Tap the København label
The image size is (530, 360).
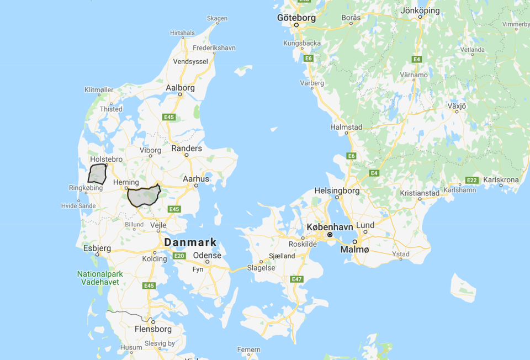coord(330,227)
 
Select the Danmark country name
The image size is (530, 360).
coord(190,242)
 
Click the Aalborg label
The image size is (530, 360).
coord(180,88)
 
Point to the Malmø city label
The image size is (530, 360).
coord(354,250)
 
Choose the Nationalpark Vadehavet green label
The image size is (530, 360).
coord(98,278)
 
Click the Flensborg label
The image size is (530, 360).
coord(153,329)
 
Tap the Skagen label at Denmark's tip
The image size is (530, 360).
coord(217,18)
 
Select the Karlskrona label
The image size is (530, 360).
coord(501,180)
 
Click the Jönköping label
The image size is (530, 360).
coord(420,10)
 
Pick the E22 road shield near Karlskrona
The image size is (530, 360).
coord(471,180)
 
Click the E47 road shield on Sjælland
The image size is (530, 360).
coord(297,279)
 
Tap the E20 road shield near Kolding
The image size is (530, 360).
coord(179,256)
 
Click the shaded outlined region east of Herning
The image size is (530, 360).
coord(144,196)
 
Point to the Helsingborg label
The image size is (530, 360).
coord(337,191)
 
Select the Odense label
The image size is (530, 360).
coord(208,256)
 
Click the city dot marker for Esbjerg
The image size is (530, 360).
coord(97,255)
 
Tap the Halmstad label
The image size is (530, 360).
coord(346,127)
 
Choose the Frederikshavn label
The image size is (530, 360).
coord(215,48)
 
